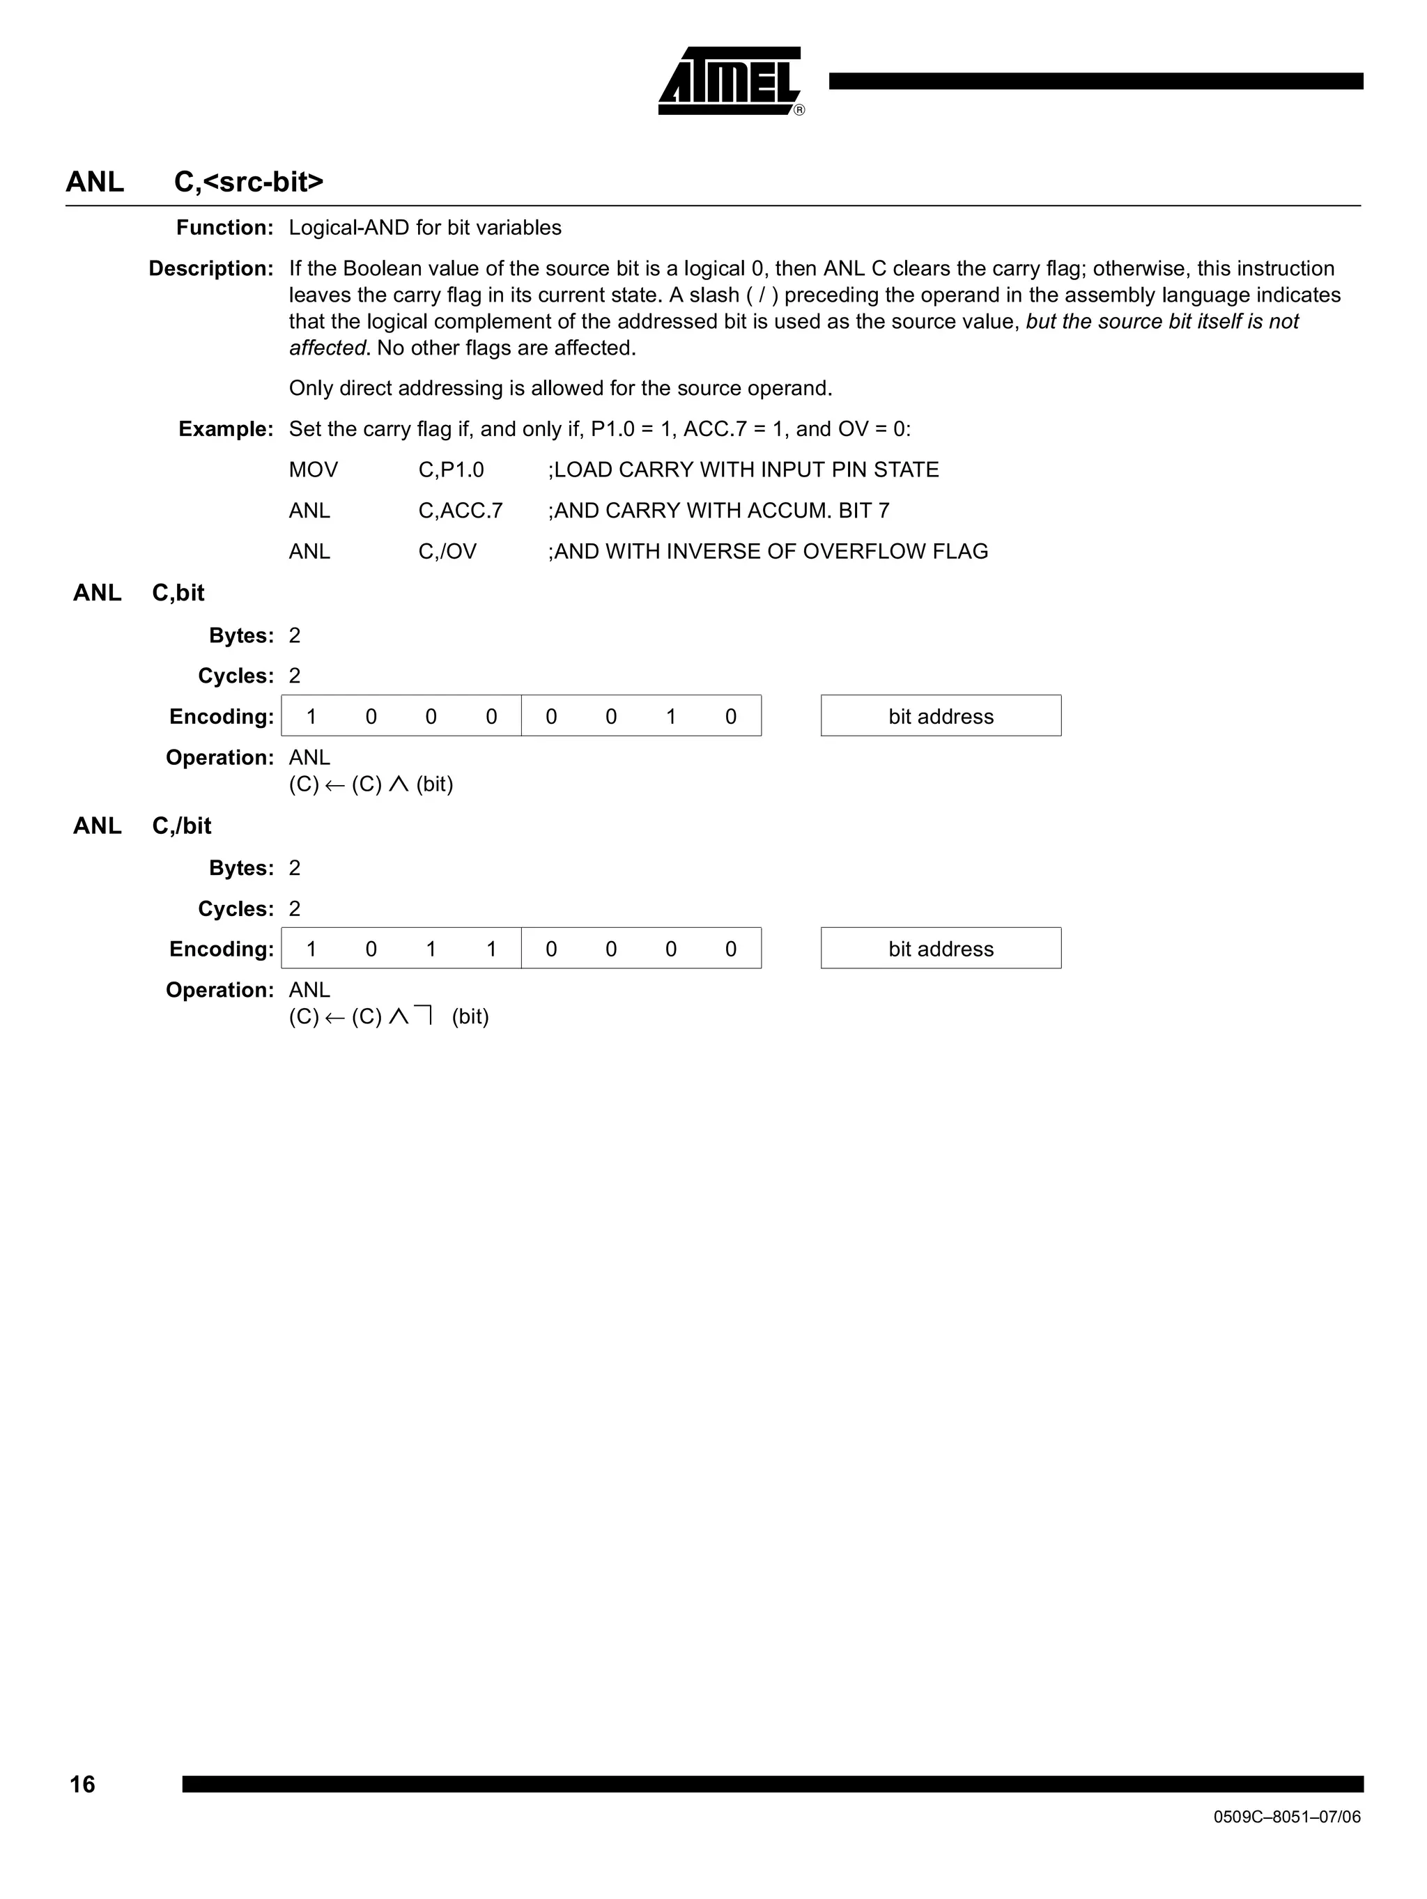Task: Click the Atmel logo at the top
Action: (x=729, y=81)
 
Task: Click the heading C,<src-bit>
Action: (x=248, y=182)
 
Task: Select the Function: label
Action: (x=224, y=228)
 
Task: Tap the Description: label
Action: (x=210, y=269)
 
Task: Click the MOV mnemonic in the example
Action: (x=313, y=470)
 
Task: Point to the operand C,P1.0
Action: (x=451, y=470)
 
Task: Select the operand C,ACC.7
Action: (x=460, y=511)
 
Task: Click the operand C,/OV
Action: (x=447, y=551)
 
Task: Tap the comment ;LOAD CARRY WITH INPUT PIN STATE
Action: (x=743, y=470)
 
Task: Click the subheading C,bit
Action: (x=178, y=594)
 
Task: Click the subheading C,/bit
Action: (x=181, y=826)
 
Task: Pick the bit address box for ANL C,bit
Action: (x=940, y=716)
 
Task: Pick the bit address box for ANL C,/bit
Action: (x=940, y=949)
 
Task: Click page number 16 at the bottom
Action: (x=82, y=1785)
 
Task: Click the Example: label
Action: (x=225, y=429)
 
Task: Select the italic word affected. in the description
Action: (x=329, y=348)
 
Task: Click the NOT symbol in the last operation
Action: (x=422, y=1016)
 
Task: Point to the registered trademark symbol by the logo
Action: (x=799, y=111)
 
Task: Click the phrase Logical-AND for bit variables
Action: (x=425, y=228)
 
